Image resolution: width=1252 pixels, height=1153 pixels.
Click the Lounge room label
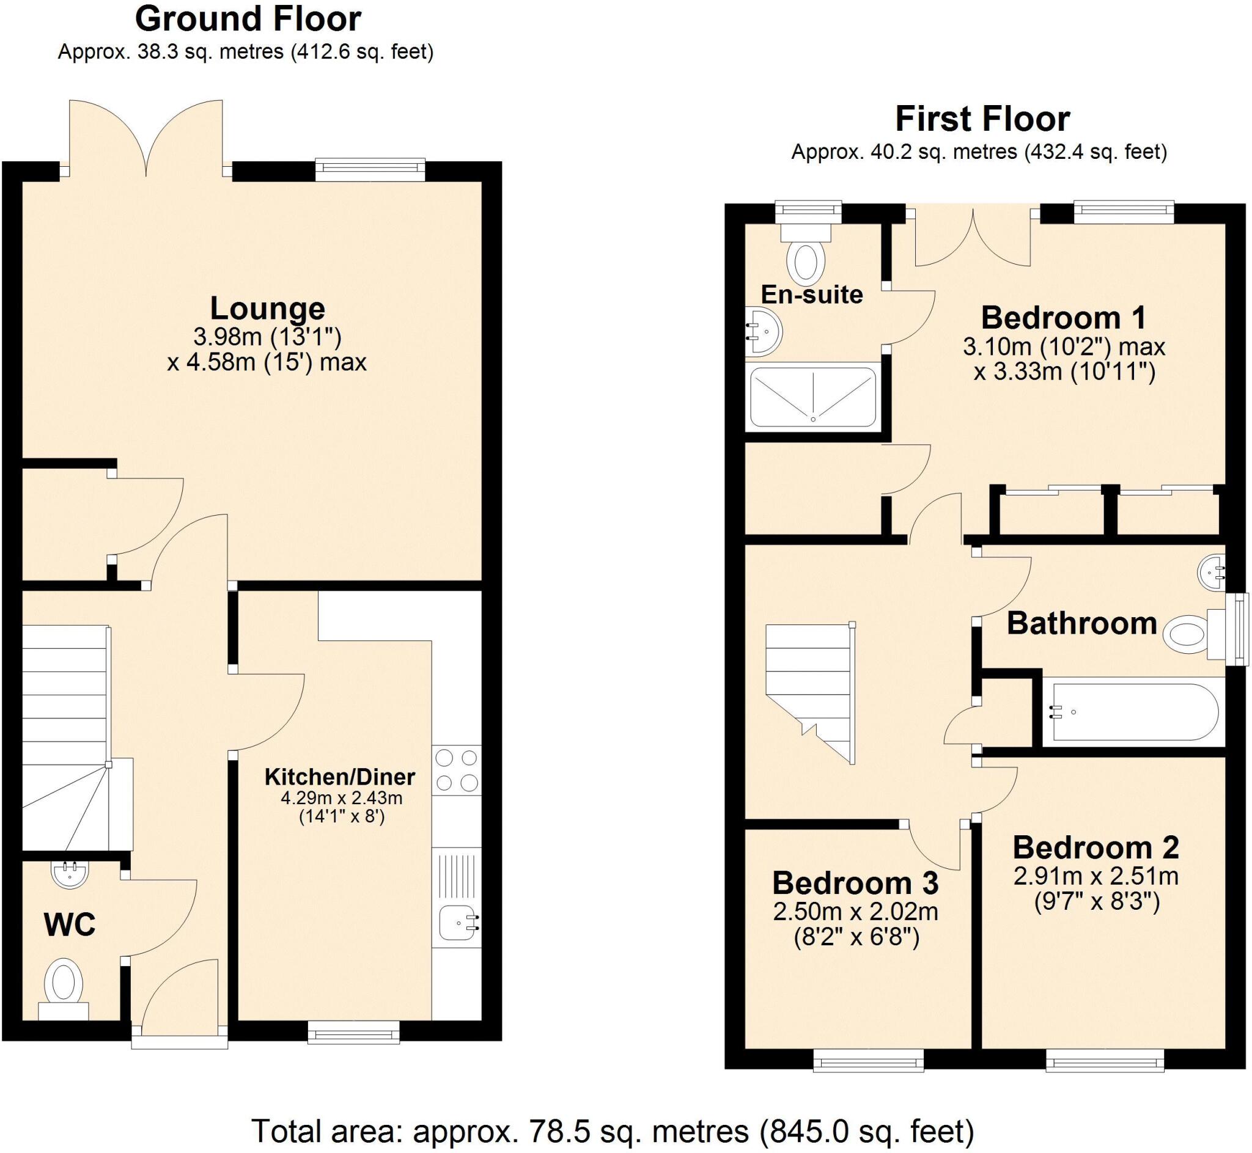pos(267,308)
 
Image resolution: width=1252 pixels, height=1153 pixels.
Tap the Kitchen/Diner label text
pos(339,777)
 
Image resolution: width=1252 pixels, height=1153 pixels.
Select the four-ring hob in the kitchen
pos(456,770)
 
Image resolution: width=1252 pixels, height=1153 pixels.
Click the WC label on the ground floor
pos(69,924)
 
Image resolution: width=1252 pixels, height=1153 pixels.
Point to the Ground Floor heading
pos(248,20)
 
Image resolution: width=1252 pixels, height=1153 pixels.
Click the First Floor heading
pos(982,119)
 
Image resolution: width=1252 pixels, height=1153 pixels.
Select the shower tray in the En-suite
pos(812,397)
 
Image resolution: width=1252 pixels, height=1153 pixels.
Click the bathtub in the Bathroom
pos(1134,712)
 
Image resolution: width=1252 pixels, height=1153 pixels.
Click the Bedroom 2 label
pos(1095,847)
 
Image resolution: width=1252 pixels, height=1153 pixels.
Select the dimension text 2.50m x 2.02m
pos(855,912)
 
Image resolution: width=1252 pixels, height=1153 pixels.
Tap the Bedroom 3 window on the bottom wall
pos(868,1060)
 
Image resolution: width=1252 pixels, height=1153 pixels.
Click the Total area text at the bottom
pos(612,1130)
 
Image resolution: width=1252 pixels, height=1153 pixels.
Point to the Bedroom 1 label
pos(1063,318)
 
